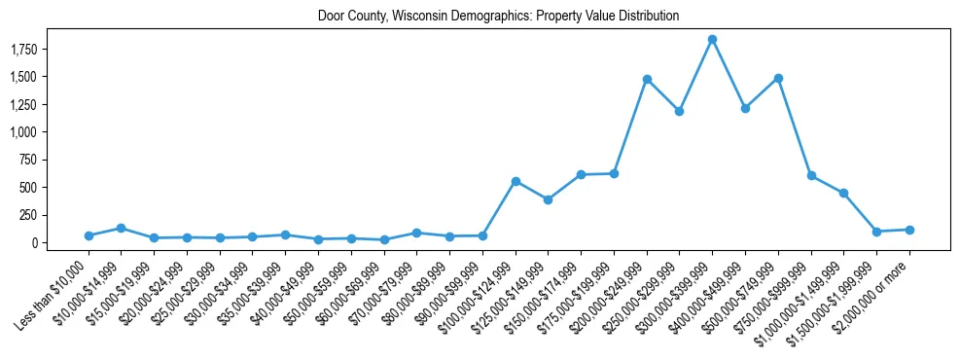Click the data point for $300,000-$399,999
[712, 40]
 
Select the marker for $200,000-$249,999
[647, 80]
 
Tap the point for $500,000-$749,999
[778, 79]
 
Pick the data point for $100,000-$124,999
[516, 181]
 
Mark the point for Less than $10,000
[89, 235]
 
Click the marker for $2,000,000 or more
[909, 230]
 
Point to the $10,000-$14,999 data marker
[122, 228]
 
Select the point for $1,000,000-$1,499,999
[843, 193]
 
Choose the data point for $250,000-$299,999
[679, 111]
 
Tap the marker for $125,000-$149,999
[549, 199]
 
